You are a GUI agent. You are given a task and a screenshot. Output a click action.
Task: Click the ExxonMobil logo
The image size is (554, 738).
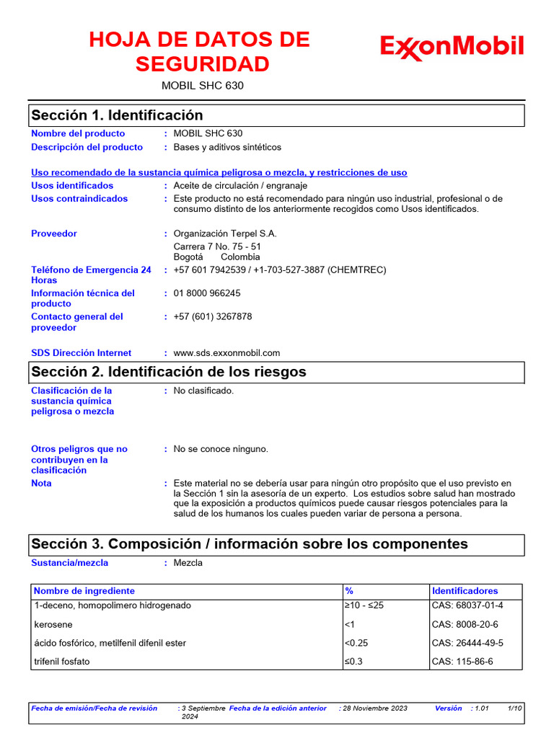(x=452, y=48)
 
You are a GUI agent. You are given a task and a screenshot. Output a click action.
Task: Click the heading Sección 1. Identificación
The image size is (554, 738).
(x=117, y=115)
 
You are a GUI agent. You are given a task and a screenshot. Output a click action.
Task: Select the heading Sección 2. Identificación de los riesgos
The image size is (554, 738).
(x=168, y=372)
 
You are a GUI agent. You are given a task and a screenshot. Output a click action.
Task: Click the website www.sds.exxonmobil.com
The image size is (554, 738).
(x=227, y=353)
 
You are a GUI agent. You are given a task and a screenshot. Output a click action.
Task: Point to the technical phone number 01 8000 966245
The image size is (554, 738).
(x=207, y=293)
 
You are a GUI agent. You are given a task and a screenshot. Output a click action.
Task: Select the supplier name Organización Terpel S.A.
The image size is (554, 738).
(x=225, y=234)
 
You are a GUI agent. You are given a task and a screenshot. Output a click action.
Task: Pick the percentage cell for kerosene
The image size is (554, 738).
(x=349, y=624)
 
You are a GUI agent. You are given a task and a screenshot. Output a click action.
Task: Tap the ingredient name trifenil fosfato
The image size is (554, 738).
(x=62, y=662)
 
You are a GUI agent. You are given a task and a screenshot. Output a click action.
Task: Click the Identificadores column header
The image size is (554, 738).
(x=465, y=591)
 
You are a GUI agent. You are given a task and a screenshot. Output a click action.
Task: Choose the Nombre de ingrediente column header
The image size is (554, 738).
(x=84, y=591)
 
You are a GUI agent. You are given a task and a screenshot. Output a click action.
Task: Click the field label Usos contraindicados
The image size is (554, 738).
(x=79, y=199)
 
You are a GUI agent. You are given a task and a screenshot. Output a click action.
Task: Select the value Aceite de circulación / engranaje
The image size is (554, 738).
(x=240, y=186)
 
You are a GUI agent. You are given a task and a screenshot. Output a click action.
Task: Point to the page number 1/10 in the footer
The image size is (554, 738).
(x=514, y=708)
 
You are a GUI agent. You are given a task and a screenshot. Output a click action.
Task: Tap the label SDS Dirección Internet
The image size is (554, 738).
(x=82, y=353)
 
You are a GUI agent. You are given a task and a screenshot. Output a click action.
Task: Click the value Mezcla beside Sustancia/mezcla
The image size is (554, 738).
(x=188, y=563)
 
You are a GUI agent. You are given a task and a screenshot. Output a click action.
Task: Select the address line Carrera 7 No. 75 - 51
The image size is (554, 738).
(x=217, y=246)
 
